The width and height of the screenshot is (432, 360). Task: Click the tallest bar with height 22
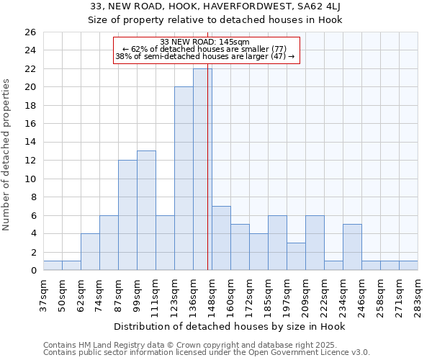pyautogui.click(x=202, y=169)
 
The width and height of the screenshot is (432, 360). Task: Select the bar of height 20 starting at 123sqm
pyautogui.click(x=184, y=179)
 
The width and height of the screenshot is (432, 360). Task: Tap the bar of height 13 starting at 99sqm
pyautogui.click(x=146, y=210)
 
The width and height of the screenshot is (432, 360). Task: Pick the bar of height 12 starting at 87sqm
pyautogui.click(x=127, y=215)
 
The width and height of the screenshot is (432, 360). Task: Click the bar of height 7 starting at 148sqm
pyautogui.click(x=221, y=238)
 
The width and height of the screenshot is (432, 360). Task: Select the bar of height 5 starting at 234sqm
pyautogui.click(x=352, y=247)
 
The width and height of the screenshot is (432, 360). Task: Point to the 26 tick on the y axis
pyautogui.click(x=30, y=32)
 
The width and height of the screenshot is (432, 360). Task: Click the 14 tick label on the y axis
pyautogui.click(x=30, y=142)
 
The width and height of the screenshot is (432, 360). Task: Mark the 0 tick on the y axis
pyautogui.click(x=32, y=271)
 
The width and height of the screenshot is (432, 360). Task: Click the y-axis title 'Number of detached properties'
pyautogui.click(x=7, y=165)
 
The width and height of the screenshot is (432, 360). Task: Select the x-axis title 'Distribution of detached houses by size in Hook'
pyautogui.click(x=230, y=326)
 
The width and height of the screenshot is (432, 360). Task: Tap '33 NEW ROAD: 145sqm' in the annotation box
pyautogui.click(x=204, y=42)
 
